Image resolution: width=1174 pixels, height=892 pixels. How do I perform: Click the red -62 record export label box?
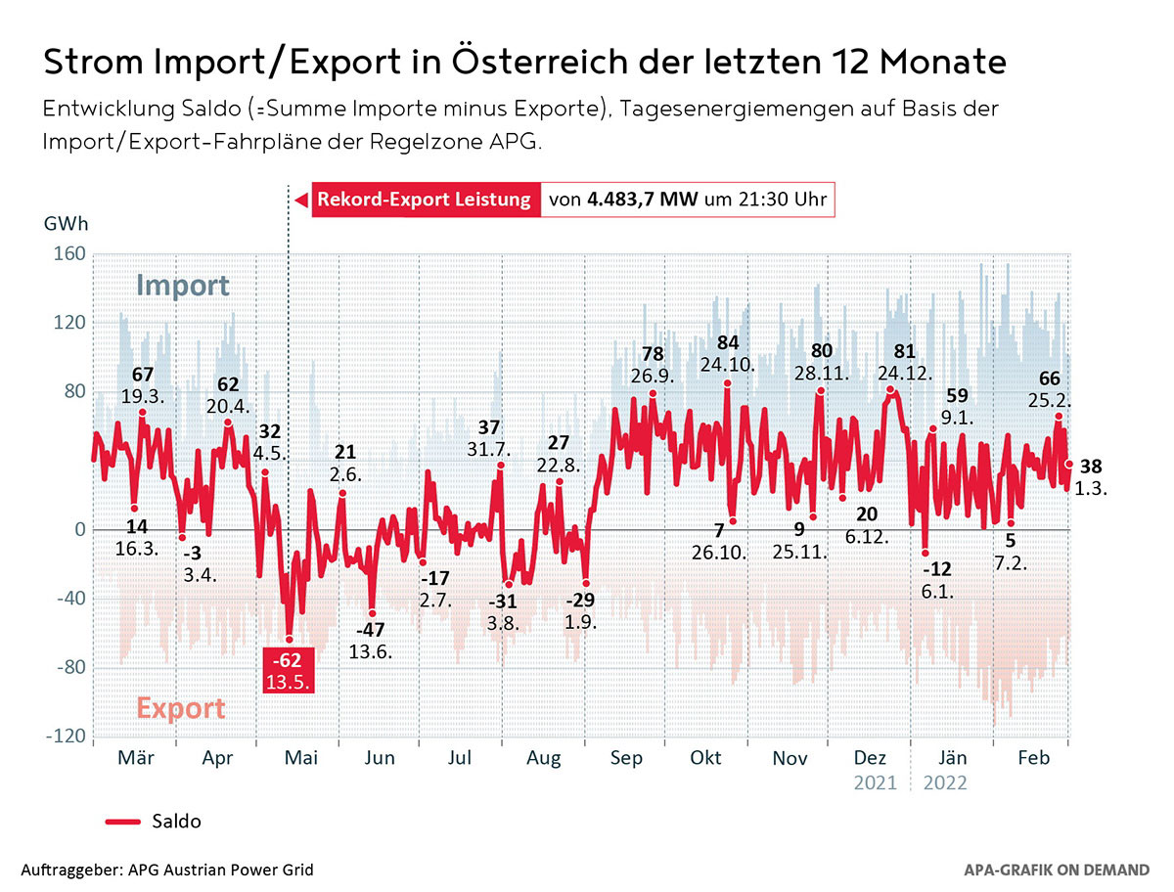tap(289, 670)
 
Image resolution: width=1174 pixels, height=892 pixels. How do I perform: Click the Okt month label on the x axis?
tap(705, 757)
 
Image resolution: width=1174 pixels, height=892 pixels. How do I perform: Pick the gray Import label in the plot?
tap(183, 286)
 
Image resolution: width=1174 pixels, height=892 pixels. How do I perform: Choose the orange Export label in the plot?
tap(181, 707)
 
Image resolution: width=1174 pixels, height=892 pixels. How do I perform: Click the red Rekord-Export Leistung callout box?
tap(425, 201)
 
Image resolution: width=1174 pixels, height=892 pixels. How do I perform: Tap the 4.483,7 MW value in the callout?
tap(642, 201)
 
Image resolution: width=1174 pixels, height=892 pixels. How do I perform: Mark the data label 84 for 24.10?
tap(727, 342)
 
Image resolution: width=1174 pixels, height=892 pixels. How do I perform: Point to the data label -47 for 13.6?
tap(371, 630)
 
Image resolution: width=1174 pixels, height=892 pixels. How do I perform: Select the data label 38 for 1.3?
tap(1090, 466)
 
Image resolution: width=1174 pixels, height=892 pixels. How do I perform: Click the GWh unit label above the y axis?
tap(66, 223)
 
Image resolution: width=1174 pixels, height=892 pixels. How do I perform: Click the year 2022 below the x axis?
tap(944, 782)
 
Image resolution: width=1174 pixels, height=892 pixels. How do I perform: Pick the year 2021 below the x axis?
tap(875, 782)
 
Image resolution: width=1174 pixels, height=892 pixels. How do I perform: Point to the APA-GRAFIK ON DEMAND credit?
tap(1057, 869)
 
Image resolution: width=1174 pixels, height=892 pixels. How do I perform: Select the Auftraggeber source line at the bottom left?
tap(167, 869)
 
